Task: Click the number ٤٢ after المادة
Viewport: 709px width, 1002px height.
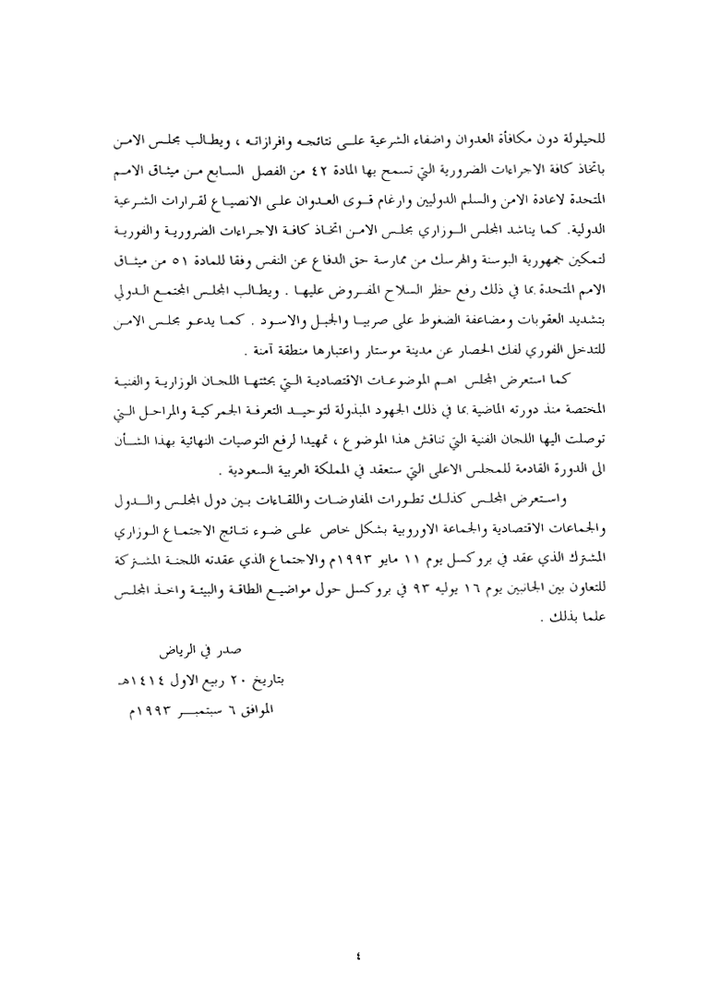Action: point(373,172)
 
